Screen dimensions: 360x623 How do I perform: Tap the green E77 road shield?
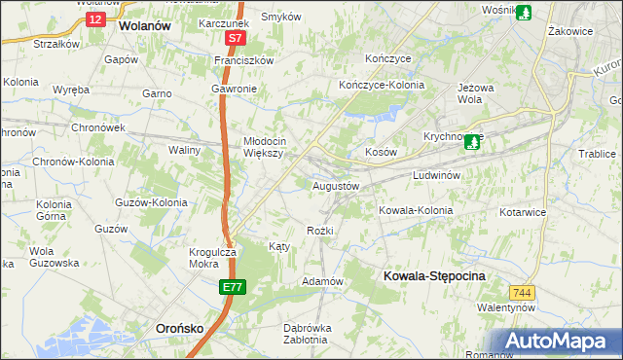[x=232, y=287]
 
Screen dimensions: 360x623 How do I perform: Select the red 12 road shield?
[x=93, y=18]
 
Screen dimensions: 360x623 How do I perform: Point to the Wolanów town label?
[x=144, y=27]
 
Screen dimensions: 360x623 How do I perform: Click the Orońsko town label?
[x=180, y=329]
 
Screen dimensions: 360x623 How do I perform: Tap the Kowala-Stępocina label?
[x=434, y=276]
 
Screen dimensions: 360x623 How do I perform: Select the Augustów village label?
[x=337, y=185]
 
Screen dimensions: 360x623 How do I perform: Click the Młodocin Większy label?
[x=263, y=146]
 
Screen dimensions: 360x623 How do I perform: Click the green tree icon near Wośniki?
[x=524, y=13]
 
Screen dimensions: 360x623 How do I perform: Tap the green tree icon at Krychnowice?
[x=473, y=142]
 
